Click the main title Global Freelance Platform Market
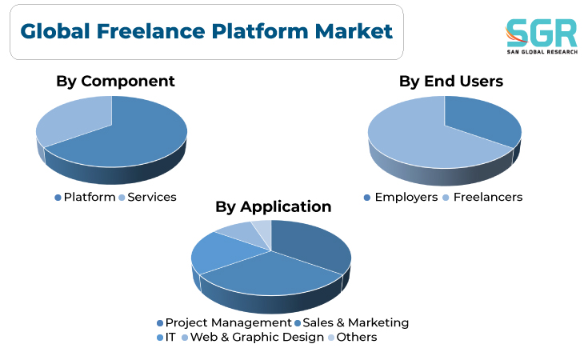coord(206,31)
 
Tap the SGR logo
coord(542,36)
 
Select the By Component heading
coord(115,82)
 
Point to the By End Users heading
coord(450,82)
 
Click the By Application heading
coord(274,206)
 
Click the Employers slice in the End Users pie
coord(484,120)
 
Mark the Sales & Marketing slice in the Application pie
coord(270,276)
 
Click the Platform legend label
coord(90,198)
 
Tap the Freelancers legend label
coord(488,198)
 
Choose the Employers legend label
coord(406,198)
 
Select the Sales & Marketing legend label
coord(355,323)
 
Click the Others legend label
coord(357,337)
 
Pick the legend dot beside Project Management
coord(160,323)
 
